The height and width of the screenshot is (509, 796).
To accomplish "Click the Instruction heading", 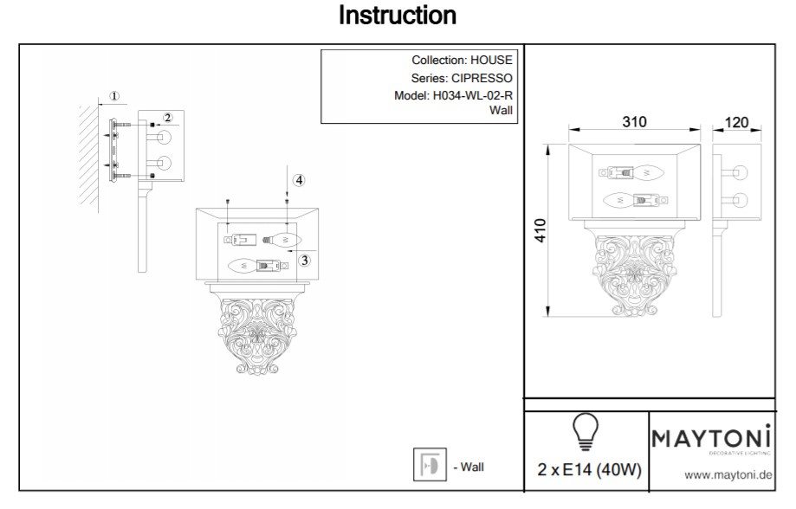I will pyautogui.click(x=398, y=16).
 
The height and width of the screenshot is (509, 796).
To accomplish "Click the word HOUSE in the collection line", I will pyautogui.click(x=491, y=61).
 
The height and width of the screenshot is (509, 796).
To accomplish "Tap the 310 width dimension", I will pyautogui.click(x=635, y=122).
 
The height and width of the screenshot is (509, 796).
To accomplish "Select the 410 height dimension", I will pyautogui.click(x=540, y=230).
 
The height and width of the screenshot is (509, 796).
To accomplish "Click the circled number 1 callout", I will pyautogui.click(x=115, y=96).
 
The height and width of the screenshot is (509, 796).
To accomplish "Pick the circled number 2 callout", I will pyautogui.click(x=167, y=118).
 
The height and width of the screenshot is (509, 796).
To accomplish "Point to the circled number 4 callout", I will pyautogui.click(x=298, y=181).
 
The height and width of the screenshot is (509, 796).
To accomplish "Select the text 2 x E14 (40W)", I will pyautogui.click(x=589, y=471).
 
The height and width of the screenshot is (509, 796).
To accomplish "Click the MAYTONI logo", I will pyautogui.click(x=711, y=439).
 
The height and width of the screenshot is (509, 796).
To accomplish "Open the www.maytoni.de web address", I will pyautogui.click(x=728, y=474).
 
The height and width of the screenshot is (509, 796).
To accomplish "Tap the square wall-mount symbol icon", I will pyautogui.click(x=430, y=466).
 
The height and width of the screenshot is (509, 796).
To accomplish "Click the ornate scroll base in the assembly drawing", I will pyautogui.click(x=256, y=333).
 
